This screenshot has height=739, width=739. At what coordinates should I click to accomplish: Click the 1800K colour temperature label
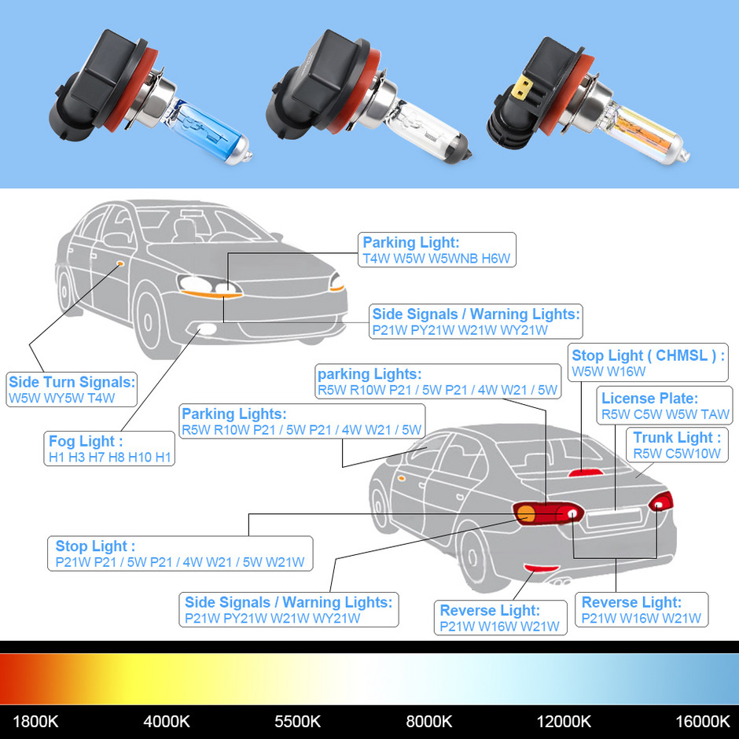pyautogui.click(x=35, y=721)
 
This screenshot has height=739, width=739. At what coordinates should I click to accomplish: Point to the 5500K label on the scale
pyautogui.click(x=297, y=721)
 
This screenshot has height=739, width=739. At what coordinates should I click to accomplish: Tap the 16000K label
pyautogui.click(x=702, y=721)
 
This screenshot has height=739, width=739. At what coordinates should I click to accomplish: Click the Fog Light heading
pyautogui.click(x=86, y=441)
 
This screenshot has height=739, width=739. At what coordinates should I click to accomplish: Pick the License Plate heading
pyautogui.click(x=649, y=399)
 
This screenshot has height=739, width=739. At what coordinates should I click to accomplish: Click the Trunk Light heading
pyautogui.click(x=677, y=438)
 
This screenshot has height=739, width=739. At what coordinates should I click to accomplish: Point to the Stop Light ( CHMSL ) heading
pyautogui.click(x=648, y=355)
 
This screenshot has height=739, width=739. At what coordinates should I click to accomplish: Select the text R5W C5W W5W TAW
pyautogui.click(x=665, y=414)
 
